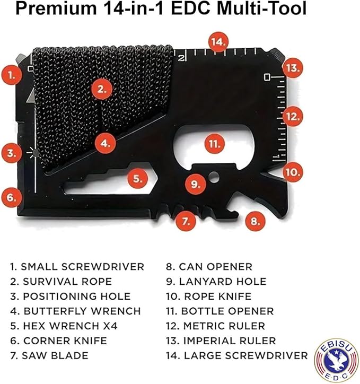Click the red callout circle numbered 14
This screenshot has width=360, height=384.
point(218,41)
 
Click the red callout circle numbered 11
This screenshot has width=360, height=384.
point(214,143)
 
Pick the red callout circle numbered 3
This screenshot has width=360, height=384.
point(11,154)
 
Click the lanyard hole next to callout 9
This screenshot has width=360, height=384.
point(214,177)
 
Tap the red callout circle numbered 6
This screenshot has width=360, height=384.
point(11,197)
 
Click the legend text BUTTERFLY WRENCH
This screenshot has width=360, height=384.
point(76,311)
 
